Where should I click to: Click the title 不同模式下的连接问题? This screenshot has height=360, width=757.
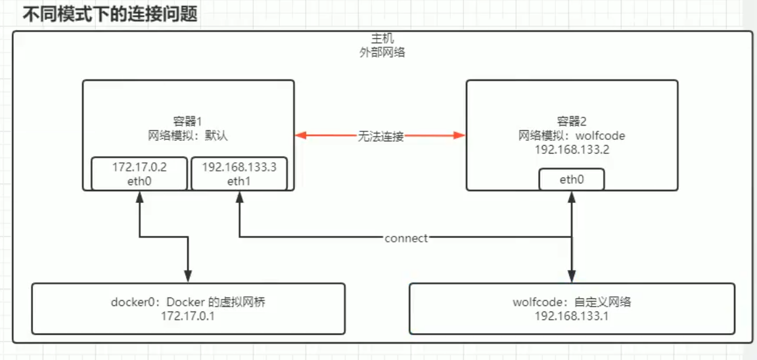(x=110, y=14)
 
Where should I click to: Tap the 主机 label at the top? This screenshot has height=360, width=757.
(x=379, y=39)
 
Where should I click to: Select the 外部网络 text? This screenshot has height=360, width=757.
(x=379, y=53)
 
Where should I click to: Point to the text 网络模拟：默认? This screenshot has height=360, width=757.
(x=188, y=136)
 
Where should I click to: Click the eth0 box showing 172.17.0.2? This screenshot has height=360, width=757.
(x=139, y=173)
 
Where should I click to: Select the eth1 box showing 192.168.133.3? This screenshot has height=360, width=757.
(x=239, y=173)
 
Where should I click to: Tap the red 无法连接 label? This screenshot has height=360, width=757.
(x=380, y=136)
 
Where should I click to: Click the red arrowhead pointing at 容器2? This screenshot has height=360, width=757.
(x=459, y=136)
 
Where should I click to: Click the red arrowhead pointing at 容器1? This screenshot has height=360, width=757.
(x=301, y=136)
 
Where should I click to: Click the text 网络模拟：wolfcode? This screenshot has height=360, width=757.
(x=572, y=136)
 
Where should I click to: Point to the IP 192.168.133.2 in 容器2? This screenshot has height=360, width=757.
(x=572, y=150)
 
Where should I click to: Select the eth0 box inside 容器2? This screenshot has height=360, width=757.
(x=572, y=179)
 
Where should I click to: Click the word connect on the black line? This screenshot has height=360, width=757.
(x=406, y=238)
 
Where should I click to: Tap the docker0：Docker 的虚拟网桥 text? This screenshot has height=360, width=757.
(x=189, y=303)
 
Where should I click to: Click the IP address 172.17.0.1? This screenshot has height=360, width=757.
(x=189, y=316)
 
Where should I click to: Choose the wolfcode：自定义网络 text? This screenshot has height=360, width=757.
(x=572, y=303)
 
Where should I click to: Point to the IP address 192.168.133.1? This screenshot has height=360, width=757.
(x=572, y=316)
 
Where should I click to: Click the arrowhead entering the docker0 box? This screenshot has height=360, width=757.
(x=189, y=277)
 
